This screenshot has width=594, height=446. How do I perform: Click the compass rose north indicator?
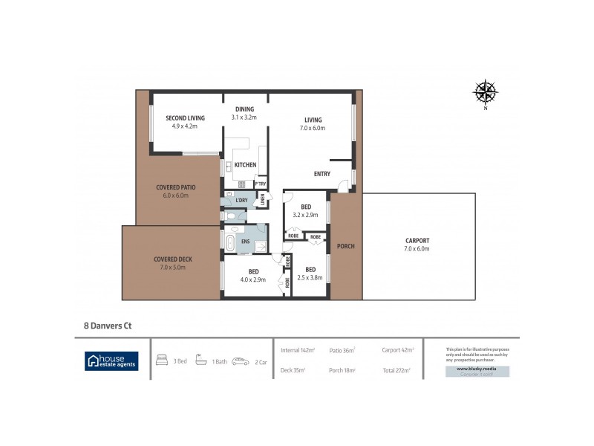click(x=486, y=93)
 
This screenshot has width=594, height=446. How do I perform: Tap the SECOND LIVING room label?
click(x=185, y=118)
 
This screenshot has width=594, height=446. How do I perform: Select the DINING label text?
click(x=244, y=109)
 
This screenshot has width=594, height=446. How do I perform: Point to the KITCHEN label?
click(x=245, y=165)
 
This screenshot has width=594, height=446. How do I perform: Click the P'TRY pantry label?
click(x=261, y=184)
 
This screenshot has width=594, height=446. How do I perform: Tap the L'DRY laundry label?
click(x=241, y=201)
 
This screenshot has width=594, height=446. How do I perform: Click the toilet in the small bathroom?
click(x=233, y=216)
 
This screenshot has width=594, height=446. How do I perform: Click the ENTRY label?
click(x=322, y=174)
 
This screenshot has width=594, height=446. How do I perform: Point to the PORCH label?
click(x=345, y=247)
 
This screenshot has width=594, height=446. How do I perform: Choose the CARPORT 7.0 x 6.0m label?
click(x=417, y=244)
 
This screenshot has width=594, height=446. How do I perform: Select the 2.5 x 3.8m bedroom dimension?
click(x=310, y=277)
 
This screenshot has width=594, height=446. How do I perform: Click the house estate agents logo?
click(x=111, y=361)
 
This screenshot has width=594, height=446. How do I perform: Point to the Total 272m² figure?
click(x=397, y=369)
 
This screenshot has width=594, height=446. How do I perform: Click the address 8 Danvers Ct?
click(x=107, y=325)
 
